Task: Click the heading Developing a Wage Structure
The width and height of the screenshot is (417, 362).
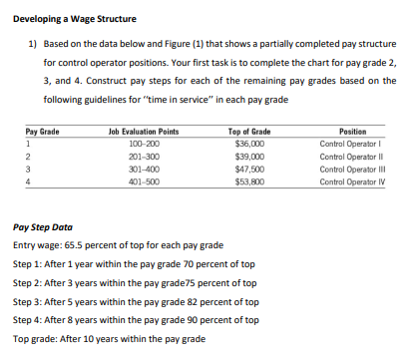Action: tap(74, 19)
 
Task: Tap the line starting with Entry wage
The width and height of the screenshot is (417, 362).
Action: tap(114, 244)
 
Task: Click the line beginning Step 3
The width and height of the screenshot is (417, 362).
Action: tap(135, 301)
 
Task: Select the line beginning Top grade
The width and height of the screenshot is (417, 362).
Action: tap(109, 339)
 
